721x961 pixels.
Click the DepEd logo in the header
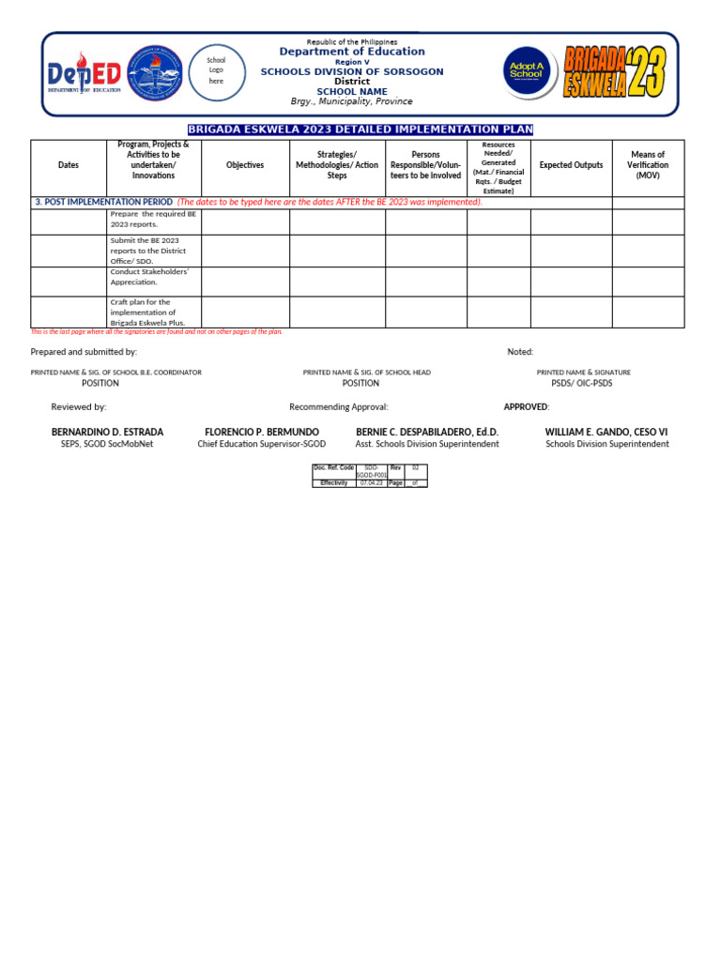tap(84, 75)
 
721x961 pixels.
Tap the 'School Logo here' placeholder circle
tap(217, 71)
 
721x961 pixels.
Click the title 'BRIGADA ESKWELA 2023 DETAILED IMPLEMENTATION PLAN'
tap(360, 130)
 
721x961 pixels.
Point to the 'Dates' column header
tap(69, 165)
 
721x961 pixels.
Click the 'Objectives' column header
tap(245, 165)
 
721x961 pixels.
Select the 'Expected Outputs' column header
tap(571, 165)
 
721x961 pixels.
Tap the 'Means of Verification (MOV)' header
tap(648, 165)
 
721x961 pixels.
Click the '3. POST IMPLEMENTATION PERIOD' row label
tap(104, 202)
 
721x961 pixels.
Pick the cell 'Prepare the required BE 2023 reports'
tap(153, 220)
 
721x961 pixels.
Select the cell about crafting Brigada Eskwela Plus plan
tap(153, 313)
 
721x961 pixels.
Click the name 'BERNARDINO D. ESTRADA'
tap(107, 432)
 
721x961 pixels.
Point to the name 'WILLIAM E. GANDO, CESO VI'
tap(606, 432)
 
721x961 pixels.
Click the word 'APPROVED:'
tap(527, 407)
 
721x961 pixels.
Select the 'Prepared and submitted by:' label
tap(84, 352)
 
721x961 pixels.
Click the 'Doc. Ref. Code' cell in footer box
tap(333, 467)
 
